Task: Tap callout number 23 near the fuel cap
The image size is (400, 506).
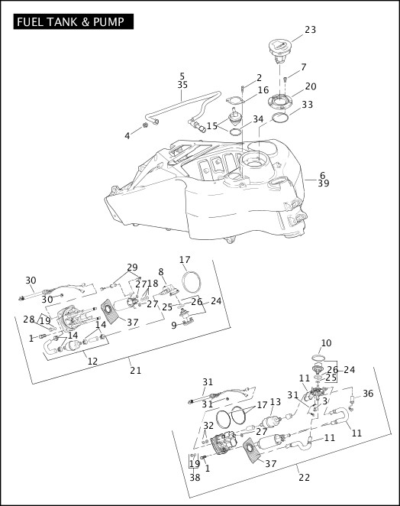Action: point(311,30)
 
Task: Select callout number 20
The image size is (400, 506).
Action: point(311,86)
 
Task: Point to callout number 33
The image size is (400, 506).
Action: point(307,104)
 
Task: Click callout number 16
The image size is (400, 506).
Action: point(263,89)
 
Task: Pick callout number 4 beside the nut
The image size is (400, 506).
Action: point(127,136)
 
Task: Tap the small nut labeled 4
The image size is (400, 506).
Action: point(145,125)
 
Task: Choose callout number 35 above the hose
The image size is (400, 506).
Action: point(182,85)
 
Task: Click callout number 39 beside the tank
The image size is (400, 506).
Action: point(324,183)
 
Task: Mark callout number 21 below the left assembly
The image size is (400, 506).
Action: point(136,370)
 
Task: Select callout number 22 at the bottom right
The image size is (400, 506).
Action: point(305,477)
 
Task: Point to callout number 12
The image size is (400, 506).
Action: point(92,361)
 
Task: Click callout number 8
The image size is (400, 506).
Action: point(161,271)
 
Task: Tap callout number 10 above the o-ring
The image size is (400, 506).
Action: point(326,342)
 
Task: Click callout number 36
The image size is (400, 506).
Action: point(368,394)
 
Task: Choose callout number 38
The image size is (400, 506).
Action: point(195,477)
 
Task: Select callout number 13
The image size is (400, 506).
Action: point(276,402)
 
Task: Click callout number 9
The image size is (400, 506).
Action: point(174,326)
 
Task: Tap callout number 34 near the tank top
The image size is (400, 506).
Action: point(258,119)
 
